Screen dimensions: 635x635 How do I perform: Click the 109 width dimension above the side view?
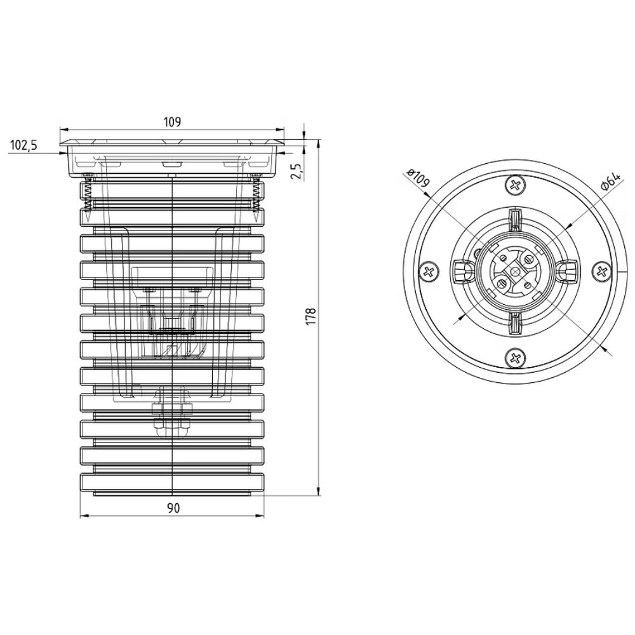[172, 121]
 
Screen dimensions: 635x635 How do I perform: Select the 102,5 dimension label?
[23, 145]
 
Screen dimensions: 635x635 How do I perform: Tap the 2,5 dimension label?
[297, 171]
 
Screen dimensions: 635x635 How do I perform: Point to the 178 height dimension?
[311, 316]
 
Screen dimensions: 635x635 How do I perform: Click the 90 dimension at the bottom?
[173, 508]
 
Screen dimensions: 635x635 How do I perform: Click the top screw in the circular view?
[516, 186]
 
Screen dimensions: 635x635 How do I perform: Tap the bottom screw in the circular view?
[516, 358]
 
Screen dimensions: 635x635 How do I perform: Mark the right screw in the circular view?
[602, 271]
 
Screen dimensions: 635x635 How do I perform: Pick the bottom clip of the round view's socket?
[516, 324]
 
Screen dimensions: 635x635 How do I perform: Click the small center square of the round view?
[516, 272]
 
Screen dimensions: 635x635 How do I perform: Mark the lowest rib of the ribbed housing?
[172, 483]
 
